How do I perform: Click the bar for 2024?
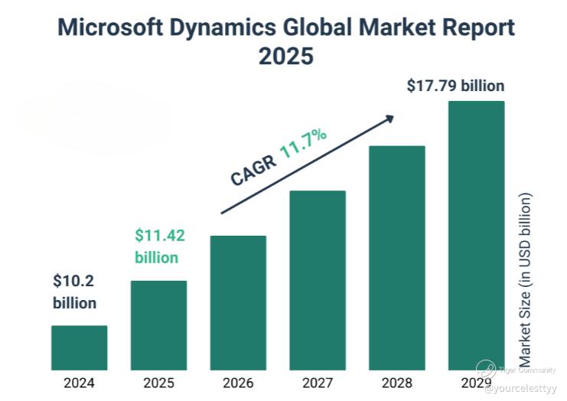pos(79,348)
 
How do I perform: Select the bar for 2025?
pos(158,325)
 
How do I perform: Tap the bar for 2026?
pos(238,303)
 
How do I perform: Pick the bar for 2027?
pos(318,280)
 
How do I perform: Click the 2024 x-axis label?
pos(79,383)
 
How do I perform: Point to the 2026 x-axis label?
pos(238,383)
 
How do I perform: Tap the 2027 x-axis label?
pos(318,383)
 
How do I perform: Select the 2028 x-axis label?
pos(397,383)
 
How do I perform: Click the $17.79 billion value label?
pos(455,85)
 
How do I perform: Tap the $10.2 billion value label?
pos(74,292)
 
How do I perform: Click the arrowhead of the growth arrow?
pos(389,119)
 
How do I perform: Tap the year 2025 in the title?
pos(285,57)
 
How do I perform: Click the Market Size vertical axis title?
pos(525,279)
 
